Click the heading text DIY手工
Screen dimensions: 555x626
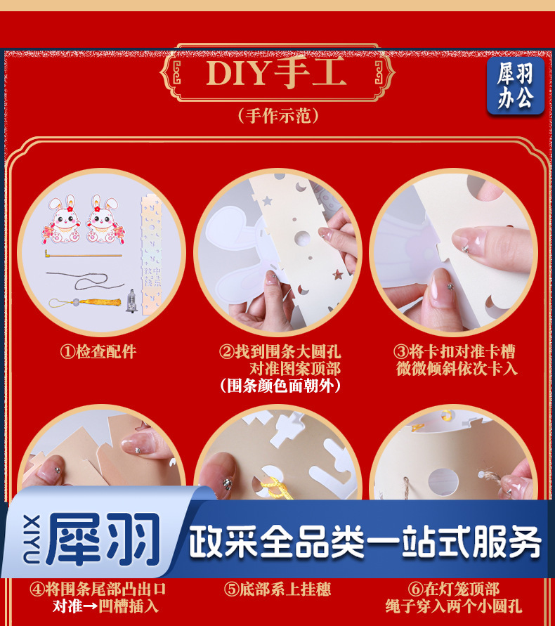pyautogui.click(x=276, y=73)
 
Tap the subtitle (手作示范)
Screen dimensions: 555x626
pyautogui.click(x=278, y=116)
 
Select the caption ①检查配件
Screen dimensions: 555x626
pyautogui.click(x=98, y=352)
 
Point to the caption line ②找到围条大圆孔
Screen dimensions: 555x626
pyautogui.click(x=280, y=352)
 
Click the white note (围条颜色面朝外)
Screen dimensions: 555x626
pyautogui.click(x=280, y=386)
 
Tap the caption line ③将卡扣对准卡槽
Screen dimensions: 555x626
pyautogui.click(x=455, y=352)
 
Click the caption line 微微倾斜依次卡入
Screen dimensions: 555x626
pyautogui.click(x=457, y=368)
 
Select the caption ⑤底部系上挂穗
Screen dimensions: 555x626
pyautogui.click(x=277, y=589)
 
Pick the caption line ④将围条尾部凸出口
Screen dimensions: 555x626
pyautogui.click(x=98, y=589)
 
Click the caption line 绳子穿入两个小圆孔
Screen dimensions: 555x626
pyautogui.click(x=454, y=606)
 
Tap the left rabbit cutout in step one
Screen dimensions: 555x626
pyautogui.click(x=61, y=219)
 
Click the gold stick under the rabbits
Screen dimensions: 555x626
pyautogui.click(x=83, y=254)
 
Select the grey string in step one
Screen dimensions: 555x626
pyautogui.click(x=85, y=280)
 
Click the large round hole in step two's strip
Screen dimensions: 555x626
pyautogui.click(x=302, y=238)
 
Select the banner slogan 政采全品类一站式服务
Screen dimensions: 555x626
pyautogui.click(x=365, y=542)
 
